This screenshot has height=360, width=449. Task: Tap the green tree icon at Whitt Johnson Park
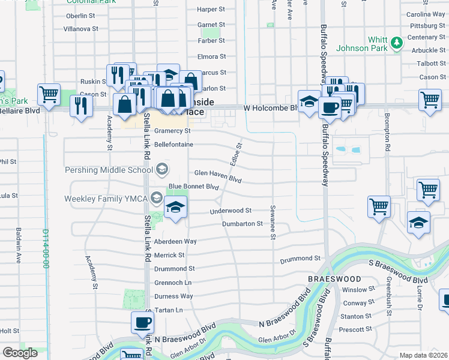(396, 43)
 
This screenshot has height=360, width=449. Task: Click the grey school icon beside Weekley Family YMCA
(157, 198)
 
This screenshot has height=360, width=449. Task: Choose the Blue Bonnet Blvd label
(194, 187)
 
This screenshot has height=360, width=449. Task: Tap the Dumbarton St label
(243, 224)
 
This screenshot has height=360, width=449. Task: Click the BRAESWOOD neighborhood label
(334, 279)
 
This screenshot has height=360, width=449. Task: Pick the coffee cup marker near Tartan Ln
(143, 322)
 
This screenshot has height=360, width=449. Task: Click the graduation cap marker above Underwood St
(175, 208)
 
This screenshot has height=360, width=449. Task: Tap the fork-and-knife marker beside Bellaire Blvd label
(80, 106)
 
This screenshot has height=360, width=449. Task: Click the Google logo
(20, 353)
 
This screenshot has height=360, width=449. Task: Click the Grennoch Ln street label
(173, 282)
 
